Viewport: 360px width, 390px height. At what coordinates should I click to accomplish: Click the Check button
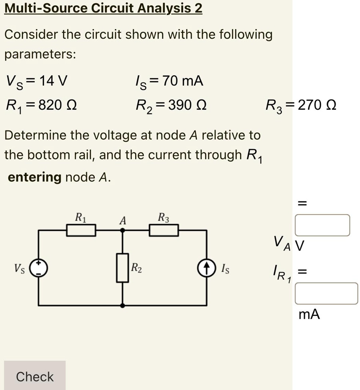click(x=35, y=376)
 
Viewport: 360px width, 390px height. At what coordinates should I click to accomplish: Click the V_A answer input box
click(x=322, y=225)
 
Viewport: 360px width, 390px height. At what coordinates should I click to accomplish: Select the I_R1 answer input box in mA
click(x=326, y=293)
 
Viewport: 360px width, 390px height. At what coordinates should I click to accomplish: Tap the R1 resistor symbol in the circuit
click(x=81, y=231)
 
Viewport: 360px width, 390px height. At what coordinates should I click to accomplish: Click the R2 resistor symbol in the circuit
click(x=123, y=267)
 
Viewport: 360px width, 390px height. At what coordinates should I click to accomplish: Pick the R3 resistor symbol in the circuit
click(x=164, y=231)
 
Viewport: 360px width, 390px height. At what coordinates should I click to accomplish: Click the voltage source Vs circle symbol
click(x=39, y=267)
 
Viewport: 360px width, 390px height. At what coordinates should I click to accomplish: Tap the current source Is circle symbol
click(x=207, y=267)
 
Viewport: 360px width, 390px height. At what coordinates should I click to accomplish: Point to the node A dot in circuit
click(x=123, y=231)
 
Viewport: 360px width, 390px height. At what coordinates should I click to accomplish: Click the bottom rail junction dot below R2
click(x=123, y=305)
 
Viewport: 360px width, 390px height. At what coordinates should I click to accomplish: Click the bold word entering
click(x=35, y=177)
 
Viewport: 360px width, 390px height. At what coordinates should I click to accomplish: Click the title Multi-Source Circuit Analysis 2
click(x=103, y=8)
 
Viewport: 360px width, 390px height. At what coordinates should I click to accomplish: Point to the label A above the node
click(x=123, y=220)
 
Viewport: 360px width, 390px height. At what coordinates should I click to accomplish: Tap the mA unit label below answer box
click(x=309, y=314)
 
